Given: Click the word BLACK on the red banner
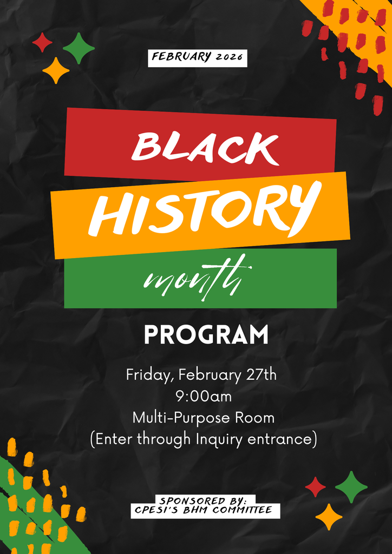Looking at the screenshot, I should coord(205,146).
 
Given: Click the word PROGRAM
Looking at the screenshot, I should coord(206,335).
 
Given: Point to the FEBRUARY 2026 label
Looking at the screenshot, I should coord(198,57).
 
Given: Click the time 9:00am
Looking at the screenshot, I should coord(204,397).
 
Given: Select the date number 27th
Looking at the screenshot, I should coord(262,375).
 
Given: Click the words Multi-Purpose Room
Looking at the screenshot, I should coord(204,418).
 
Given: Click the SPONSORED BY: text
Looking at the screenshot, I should coord(204,500).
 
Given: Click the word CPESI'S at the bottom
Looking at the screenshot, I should coord(156,510).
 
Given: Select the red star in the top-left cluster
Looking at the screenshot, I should coord(42,43).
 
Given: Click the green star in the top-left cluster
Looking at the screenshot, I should coord(79,48).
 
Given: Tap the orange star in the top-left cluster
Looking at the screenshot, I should coord(56,70).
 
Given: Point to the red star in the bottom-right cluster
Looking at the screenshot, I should coord(315,487).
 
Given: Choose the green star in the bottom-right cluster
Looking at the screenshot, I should coord(351,487).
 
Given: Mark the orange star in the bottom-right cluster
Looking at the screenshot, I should coord(329,517).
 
